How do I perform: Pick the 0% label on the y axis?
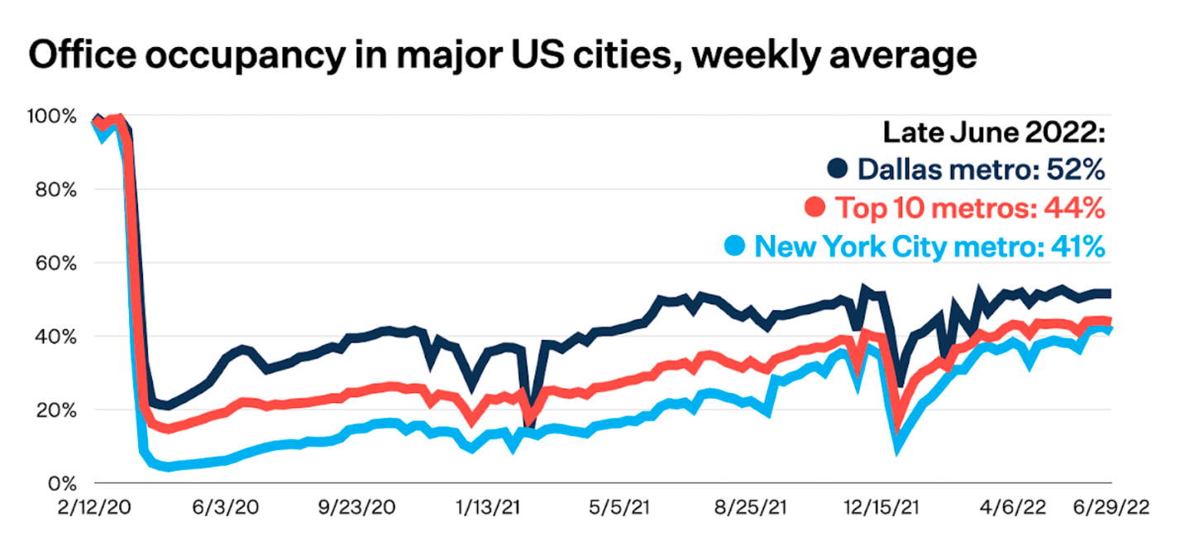click(x=63, y=483)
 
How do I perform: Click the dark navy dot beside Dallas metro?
click(x=839, y=169)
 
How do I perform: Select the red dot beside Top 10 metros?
click(x=815, y=208)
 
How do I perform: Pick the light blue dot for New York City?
click(x=735, y=246)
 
